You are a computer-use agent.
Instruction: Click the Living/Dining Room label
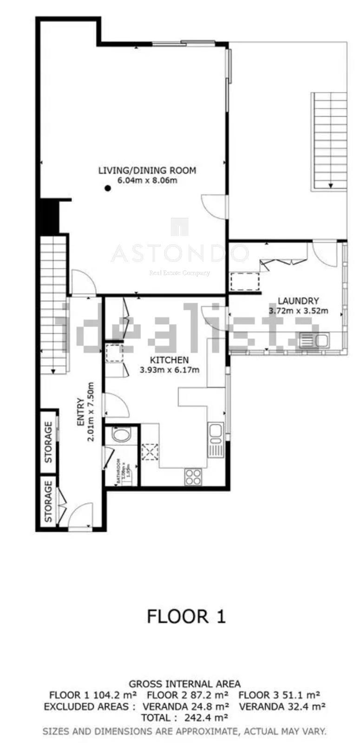click(147, 170)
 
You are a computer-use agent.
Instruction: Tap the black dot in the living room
click(108, 188)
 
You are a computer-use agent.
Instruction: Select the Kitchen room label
click(169, 360)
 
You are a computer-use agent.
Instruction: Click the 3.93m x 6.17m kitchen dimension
click(169, 370)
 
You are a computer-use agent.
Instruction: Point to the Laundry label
click(298, 301)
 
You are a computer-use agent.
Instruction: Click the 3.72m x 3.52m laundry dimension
click(298, 311)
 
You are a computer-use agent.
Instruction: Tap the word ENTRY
click(80, 412)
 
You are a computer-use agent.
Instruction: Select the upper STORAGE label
click(48, 442)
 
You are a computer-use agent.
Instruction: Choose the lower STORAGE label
click(48, 502)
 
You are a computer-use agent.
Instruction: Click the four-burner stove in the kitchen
click(193, 476)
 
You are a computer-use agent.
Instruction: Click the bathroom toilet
click(122, 436)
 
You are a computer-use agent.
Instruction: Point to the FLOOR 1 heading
click(186, 617)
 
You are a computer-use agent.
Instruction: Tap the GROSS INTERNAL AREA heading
click(184, 684)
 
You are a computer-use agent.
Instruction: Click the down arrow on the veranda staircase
click(330, 185)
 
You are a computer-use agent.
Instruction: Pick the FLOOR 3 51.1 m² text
click(279, 695)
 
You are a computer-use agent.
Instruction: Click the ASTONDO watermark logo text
click(180, 254)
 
